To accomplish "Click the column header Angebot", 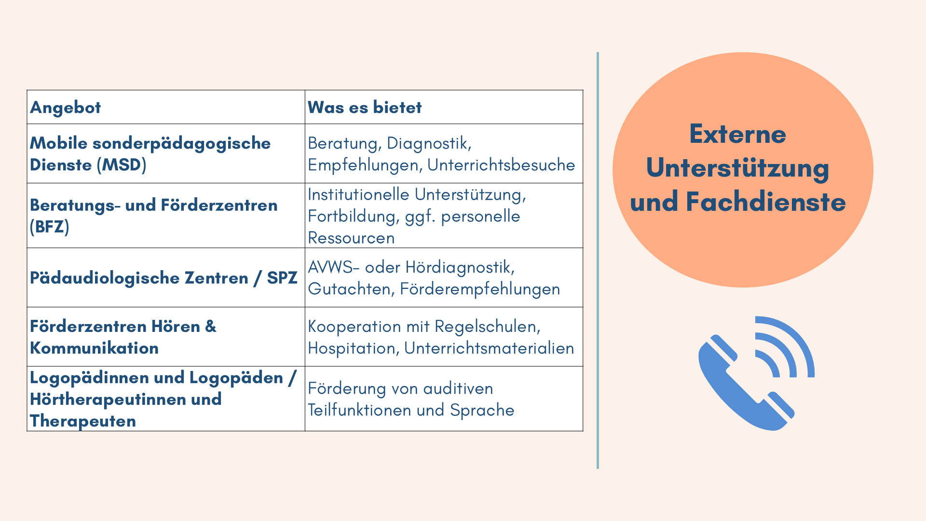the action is (x=66, y=108).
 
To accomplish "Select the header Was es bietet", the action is (x=365, y=107).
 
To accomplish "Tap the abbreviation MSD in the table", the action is (x=122, y=165).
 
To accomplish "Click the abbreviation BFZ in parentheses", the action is (x=50, y=227).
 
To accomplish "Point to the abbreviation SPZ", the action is (x=282, y=278).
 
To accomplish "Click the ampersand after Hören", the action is (x=211, y=327).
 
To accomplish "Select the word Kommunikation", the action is (x=94, y=348).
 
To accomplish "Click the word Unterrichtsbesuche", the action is (x=501, y=165).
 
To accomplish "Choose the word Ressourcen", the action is (x=351, y=238).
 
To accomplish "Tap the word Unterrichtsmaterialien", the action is (x=489, y=348).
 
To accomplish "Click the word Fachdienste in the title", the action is (x=766, y=202).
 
